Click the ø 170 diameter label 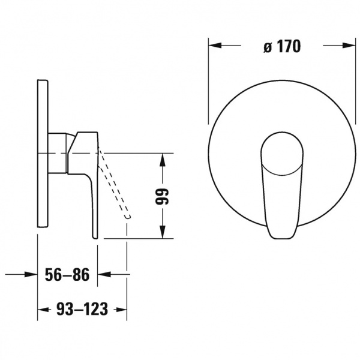pos(282,47)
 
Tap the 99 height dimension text pos(162,197)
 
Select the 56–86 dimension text pos(67,275)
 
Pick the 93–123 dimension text pos(82,309)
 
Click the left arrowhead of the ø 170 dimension pos(215,46)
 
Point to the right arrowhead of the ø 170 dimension pos(349,46)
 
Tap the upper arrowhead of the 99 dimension pos(163,160)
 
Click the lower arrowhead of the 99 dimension pos(163,232)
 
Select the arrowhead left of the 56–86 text pos(31,274)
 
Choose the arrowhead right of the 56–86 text pos(104,274)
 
